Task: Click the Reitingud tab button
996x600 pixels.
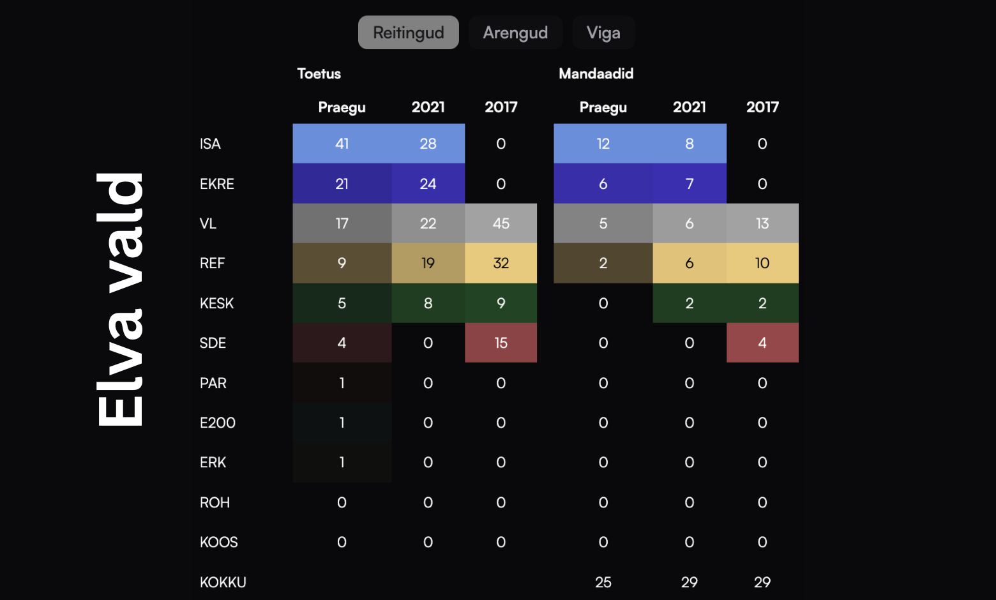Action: point(408,33)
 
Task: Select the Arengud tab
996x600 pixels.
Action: point(515,33)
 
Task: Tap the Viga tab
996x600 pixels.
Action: point(603,33)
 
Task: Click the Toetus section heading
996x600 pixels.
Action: point(319,73)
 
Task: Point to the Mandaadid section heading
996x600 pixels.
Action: point(596,73)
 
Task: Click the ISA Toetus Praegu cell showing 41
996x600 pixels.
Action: point(342,144)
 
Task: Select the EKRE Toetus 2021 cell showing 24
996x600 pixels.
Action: point(428,184)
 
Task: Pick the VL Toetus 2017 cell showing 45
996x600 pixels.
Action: point(501,223)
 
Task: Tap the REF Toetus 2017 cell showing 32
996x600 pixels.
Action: point(501,263)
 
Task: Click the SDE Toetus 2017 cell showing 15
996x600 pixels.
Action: point(501,343)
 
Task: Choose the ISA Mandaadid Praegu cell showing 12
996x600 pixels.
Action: point(603,144)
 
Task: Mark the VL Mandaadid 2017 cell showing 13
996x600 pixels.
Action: point(762,223)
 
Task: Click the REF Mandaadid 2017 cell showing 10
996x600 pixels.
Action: point(762,263)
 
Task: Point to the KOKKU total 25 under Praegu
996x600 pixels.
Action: point(603,582)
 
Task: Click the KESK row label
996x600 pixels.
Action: point(216,303)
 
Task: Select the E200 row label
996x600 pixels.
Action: point(217,423)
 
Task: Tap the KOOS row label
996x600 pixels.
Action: point(218,542)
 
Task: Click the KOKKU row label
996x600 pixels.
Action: point(223,582)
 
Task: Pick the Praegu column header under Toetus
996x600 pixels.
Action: point(342,107)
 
